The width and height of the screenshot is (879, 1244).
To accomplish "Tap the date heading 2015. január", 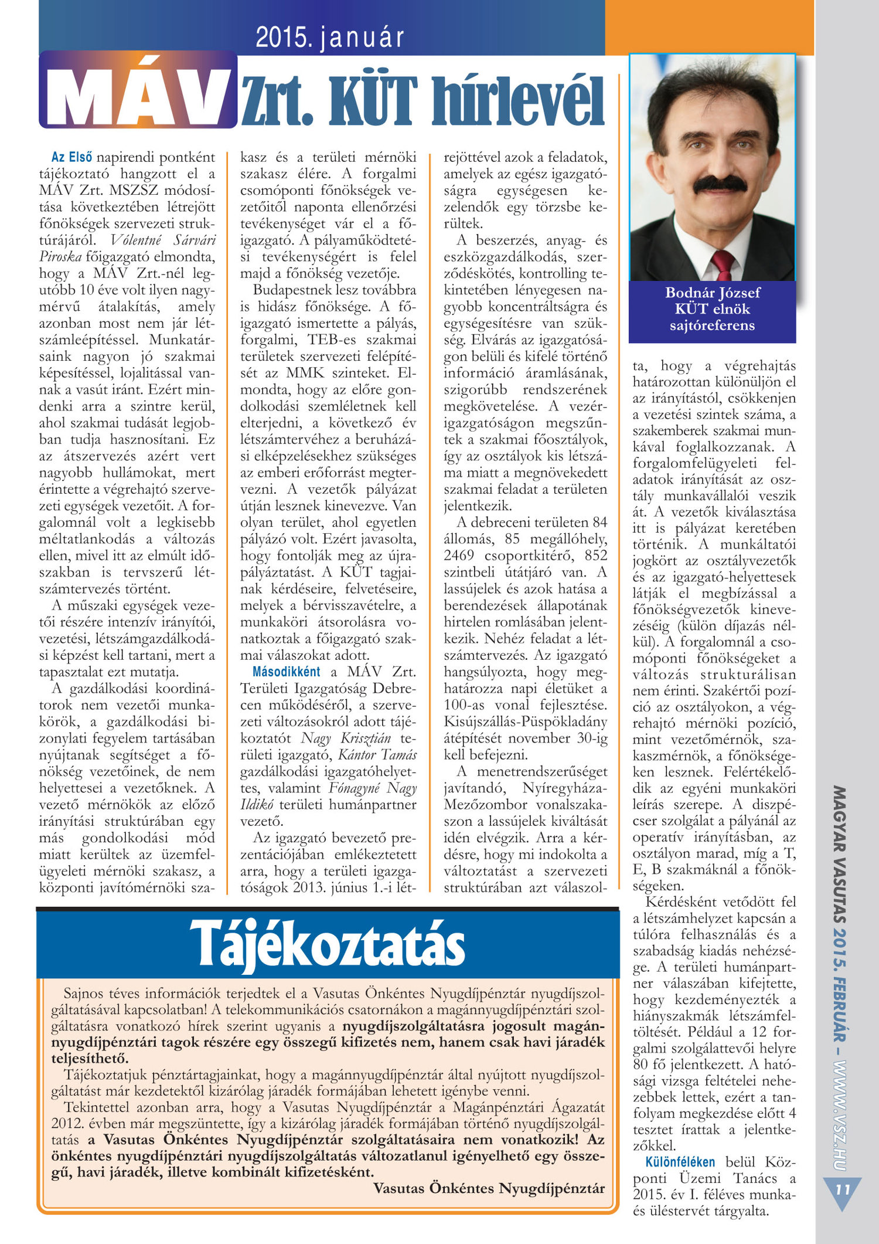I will coord(330,38).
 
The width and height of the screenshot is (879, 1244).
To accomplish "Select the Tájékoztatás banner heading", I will coord(327,944).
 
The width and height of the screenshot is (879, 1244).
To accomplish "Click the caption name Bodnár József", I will coord(712,293).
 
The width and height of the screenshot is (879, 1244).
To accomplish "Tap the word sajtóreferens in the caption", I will coord(712,326).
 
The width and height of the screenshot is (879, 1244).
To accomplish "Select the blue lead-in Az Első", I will coord(71,157).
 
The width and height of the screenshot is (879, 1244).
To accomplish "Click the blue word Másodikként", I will coord(287,672).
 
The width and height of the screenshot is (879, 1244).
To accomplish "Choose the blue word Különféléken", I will coord(680,1162).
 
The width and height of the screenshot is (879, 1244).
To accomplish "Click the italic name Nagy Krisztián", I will coord(345,738).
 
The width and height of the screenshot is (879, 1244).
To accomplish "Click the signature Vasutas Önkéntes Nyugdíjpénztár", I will coord(489,1188).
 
